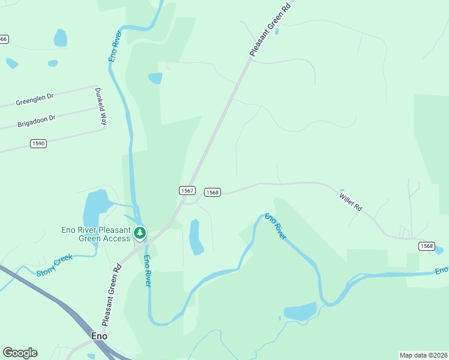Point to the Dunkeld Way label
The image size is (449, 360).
pos(100,106)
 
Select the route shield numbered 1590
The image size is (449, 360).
pos(38,143)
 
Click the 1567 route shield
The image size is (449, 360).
pos(187,190)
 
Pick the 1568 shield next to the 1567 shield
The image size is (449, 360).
pos(212,192)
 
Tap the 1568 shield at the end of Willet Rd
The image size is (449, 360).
pos(426,246)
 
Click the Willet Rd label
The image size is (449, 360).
pos(350,200)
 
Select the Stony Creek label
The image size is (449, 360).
pos(54,265)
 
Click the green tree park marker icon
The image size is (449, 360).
pos(140,232)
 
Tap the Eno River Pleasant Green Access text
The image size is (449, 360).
pos(96,234)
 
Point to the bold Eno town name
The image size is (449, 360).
pos(98,336)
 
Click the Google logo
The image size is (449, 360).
pos(20,353)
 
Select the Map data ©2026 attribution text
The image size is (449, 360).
pos(423,355)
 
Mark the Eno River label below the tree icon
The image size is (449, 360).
pos(146,270)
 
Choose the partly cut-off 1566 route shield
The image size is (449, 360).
pos(4,39)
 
